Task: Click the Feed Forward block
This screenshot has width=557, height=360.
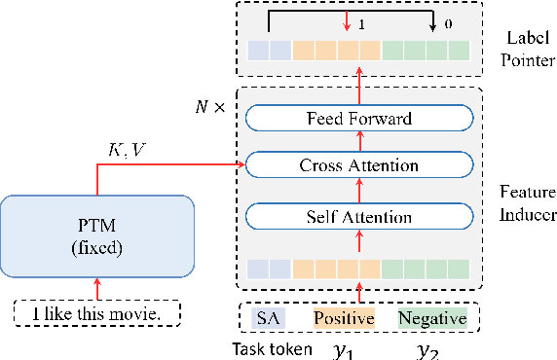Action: [x=358, y=120]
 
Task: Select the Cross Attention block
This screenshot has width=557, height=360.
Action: [x=358, y=165]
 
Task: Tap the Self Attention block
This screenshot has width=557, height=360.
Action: [x=358, y=213]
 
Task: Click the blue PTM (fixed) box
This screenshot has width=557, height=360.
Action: [x=97, y=234]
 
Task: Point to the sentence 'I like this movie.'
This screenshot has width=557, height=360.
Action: [x=97, y=314]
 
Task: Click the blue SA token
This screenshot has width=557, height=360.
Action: [x=269, y=318]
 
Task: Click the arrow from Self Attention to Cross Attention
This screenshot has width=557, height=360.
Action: [x=358, y=190]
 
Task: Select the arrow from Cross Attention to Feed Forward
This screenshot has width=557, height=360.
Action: [x=358, y=143]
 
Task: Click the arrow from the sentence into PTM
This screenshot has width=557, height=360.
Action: [x=97, y=286]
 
